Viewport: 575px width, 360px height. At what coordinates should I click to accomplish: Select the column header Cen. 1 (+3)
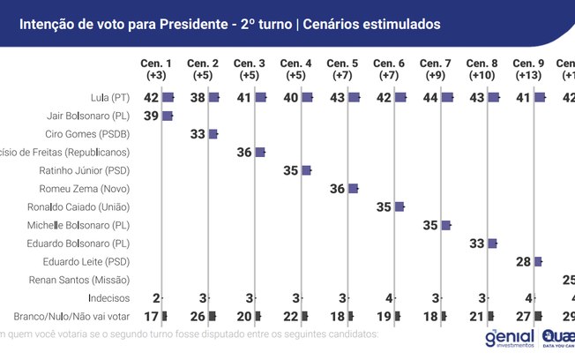[x=156, y=70]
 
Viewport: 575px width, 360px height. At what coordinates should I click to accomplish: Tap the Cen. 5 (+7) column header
[x=343, y=70]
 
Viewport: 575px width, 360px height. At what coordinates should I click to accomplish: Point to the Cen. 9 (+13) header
[x=529, y=70]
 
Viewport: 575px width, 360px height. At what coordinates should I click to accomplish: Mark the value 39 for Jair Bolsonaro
[x=151, y=116]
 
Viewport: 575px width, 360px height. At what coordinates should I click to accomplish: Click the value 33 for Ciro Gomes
[x=198, y=134]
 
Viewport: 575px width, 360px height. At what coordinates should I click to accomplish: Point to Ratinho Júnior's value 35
[x=291, y=170]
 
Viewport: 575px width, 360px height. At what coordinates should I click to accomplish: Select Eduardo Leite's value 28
[x=523, y=261]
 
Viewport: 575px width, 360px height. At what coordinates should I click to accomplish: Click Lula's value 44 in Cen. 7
[x=430, y=97]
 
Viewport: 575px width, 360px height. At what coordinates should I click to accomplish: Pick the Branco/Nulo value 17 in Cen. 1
[x=151, y=316]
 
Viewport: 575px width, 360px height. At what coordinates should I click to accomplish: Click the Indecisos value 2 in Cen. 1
[x=155, y=298]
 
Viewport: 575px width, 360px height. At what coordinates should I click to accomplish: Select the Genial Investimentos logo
[x=509, y=340]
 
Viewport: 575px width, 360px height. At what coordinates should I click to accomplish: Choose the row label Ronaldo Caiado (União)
[x=83, y=206]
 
